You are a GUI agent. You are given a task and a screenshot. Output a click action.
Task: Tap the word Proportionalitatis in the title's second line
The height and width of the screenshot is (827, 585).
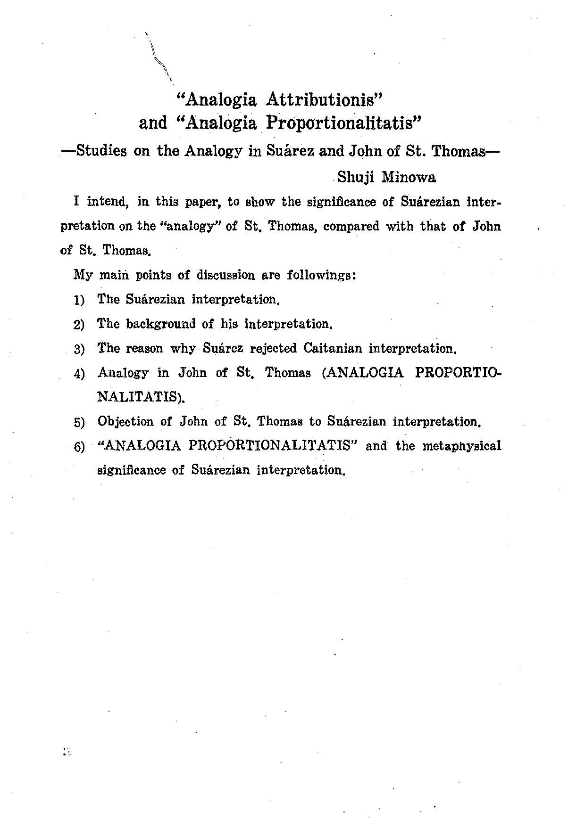coord(343,123)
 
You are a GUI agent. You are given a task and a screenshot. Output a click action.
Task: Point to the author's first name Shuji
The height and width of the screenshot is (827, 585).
coord(356,177)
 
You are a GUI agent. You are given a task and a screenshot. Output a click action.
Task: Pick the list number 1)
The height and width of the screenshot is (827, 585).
coord(79,300)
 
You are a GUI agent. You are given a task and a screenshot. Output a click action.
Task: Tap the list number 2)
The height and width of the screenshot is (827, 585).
coord(79,325)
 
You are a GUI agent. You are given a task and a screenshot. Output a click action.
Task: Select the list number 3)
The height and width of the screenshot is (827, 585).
coord(79,349)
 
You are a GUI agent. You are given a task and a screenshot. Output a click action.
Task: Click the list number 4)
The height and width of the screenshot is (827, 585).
coord(79,374)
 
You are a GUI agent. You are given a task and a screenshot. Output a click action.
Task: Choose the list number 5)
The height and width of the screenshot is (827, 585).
coord(79,422)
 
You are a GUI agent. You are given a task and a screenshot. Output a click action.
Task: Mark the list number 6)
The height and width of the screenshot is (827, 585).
coord(79,447)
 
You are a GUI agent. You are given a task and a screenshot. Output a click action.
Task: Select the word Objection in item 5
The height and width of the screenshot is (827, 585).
coord(125,421)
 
